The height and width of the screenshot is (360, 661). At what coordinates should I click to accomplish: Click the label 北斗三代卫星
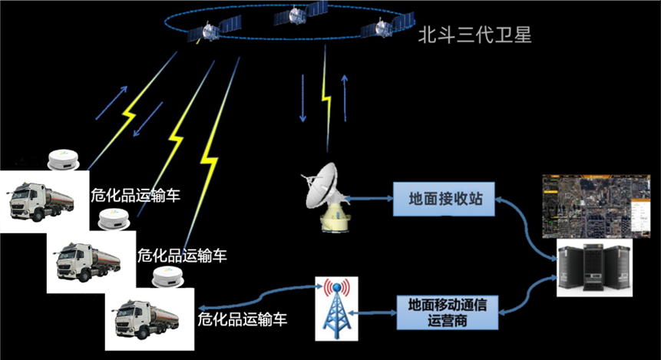pos(474,35)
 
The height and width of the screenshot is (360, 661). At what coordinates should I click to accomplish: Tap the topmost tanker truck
pos(42,201)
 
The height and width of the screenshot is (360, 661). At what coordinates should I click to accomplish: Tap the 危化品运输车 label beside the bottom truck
pos(243,319)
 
